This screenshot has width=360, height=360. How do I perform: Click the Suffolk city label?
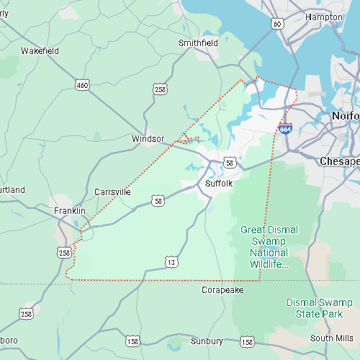[219, 184]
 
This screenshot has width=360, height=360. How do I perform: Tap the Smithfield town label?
[198, 43]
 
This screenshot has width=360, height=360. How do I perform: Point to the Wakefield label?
[39, 51]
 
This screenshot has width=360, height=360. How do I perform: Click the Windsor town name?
[148, 138]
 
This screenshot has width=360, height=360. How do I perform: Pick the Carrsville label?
[112, 192]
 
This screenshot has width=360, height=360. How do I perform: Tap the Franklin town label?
[70, 211]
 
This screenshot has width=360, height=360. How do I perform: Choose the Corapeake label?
[222, 289]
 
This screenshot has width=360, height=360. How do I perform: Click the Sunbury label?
[207, 341]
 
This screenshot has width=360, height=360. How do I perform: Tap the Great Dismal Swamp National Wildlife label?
[269, 247]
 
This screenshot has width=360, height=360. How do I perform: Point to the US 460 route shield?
[83, 85]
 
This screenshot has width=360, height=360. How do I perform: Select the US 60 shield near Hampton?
[277, 24]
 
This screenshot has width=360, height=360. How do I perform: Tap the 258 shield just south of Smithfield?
[160, 89]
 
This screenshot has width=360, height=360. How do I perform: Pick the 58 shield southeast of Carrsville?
[158, 200]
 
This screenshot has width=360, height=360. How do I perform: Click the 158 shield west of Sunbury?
[132, 341]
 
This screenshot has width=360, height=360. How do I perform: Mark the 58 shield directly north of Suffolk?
[229, 163]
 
